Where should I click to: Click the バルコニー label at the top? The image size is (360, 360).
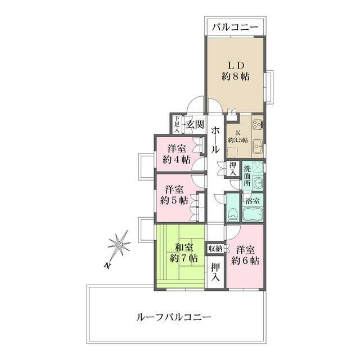coord(235,27)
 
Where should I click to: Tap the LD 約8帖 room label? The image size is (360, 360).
coord(235,70)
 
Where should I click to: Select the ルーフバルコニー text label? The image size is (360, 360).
coord(174,317)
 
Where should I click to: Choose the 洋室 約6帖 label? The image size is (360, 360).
coord(245,255)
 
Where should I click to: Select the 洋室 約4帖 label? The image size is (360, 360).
coord(176,154)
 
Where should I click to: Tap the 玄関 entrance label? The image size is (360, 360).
coord(194,124)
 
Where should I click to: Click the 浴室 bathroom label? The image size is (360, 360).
coord(251,200)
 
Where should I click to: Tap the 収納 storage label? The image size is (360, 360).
coord(215,248)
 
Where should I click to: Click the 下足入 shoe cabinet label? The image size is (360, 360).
coord(177,124)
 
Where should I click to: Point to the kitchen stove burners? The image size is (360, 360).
coord(258,125)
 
